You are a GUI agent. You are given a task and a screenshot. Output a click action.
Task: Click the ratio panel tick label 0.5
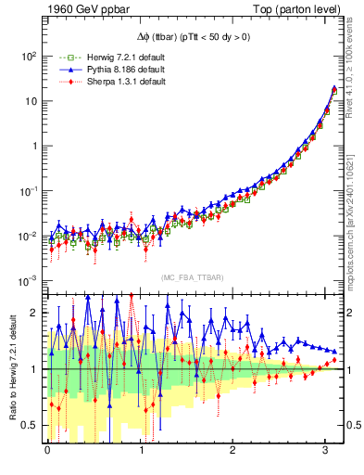(x=30, y=425)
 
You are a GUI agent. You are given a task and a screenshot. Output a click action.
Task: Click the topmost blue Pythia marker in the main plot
(x=334, y=89)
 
